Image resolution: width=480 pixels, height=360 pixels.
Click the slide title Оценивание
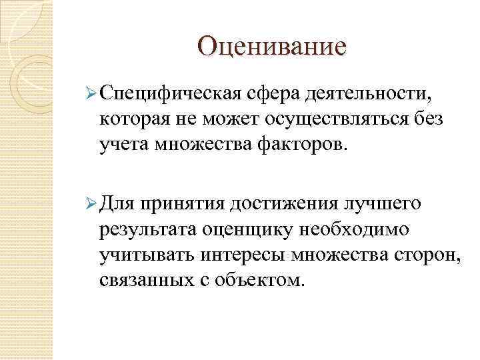(273, 47)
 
